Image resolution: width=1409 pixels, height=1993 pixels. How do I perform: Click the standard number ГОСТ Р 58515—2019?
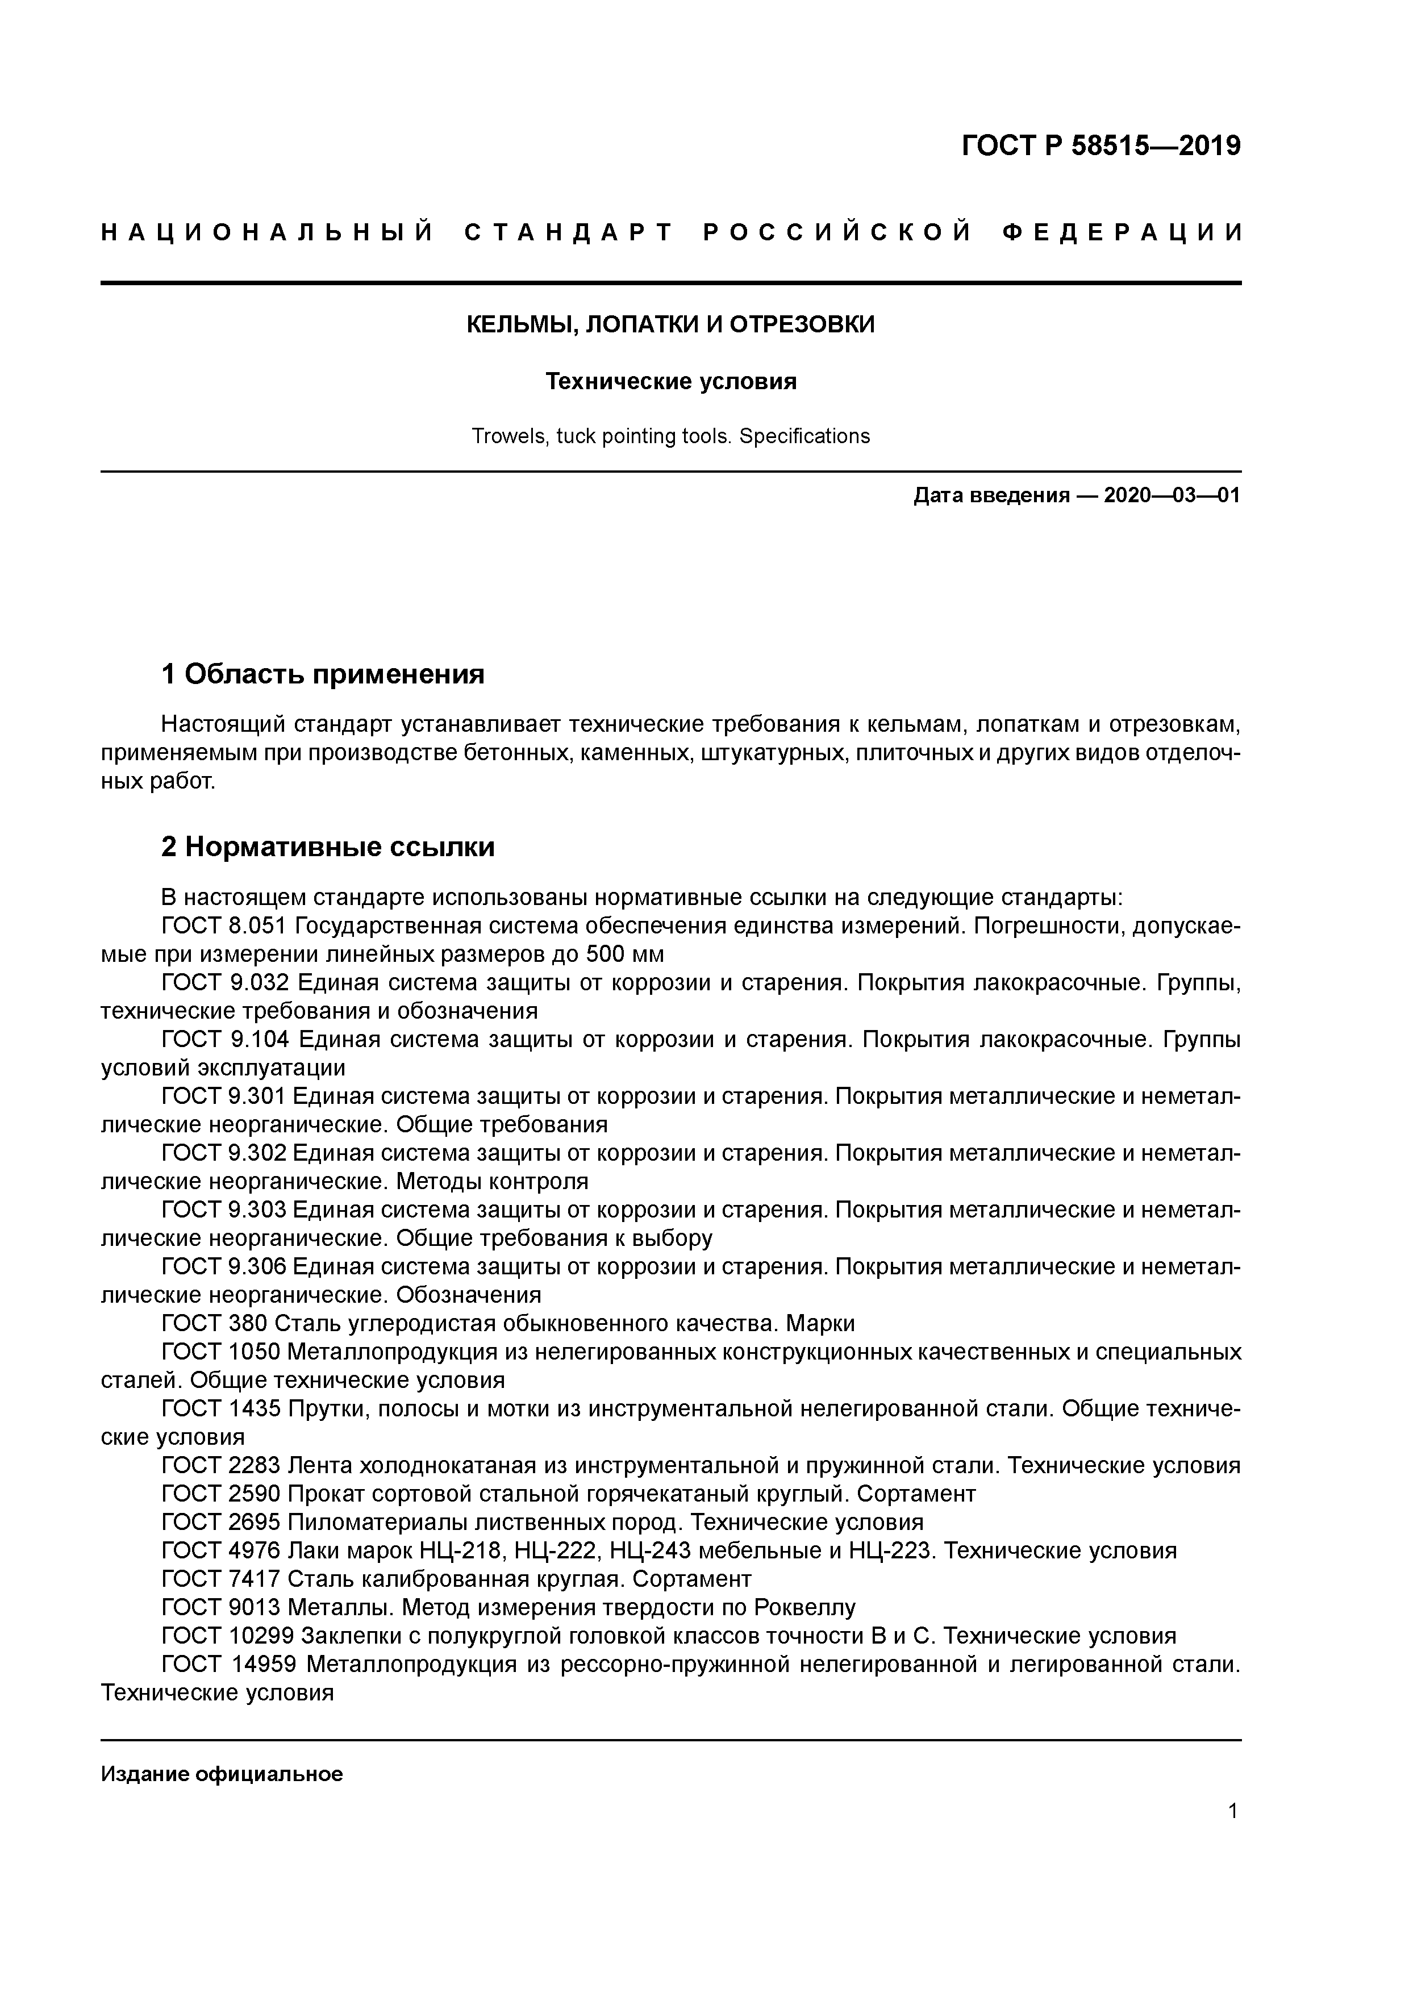(1101, 147)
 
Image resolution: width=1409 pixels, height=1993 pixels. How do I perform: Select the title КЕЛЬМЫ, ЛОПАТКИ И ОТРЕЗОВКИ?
(670, 324)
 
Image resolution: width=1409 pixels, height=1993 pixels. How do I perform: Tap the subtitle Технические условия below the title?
(670, 382)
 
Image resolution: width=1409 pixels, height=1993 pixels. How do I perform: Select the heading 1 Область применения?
(322, 674)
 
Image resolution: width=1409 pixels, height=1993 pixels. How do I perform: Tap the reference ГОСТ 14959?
(230, 1664)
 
